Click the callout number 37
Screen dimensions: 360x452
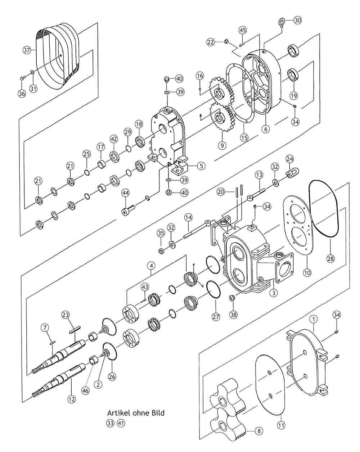click(x=27, y=50)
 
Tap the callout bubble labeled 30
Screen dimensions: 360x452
click(x=297, y=21)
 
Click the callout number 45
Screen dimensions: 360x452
click(x=243, y=30)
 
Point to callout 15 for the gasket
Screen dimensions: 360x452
click(x=244, y=137)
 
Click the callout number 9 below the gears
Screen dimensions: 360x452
click(x=222, y=145)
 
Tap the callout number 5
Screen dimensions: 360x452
click(x=201, y=166)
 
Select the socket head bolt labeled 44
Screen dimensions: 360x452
click(x=129, y=210)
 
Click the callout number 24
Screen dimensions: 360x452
click(x=289, y=159)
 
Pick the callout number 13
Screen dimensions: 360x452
click(x=259, y=175)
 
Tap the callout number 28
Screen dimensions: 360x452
click(x=330, y=258)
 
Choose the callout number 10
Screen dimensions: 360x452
click(x=307, y=273)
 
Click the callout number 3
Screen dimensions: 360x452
click(x=274, y=293)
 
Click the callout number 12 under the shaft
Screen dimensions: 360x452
click(x=71, y=399)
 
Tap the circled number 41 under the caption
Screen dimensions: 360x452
click(x=121, y=423)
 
